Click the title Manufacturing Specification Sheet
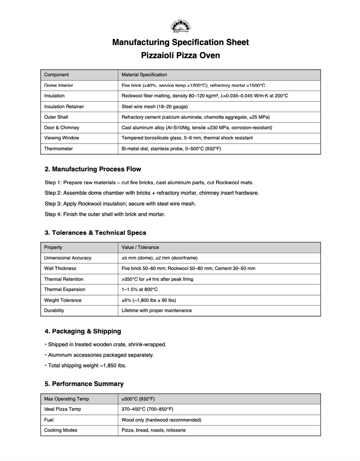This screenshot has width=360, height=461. tap(180, 43)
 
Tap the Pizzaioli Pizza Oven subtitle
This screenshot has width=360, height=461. tap(180, 56)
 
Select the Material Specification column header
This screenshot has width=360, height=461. tap(144, 75)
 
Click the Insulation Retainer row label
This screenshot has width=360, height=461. tap(64, 107)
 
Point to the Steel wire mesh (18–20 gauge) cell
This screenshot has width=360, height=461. tap(154, 107)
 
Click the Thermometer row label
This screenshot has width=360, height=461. tap(58, 148)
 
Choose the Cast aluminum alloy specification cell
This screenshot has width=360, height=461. tap(197, 128)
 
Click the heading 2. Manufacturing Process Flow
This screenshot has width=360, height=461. tap(93, 169)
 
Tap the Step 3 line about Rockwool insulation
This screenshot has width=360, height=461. tap(120, 204)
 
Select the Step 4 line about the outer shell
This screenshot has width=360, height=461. tap(105, 214)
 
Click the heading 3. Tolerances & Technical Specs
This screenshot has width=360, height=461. tap(95, 233)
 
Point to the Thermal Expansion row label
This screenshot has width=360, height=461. tap(64, 290)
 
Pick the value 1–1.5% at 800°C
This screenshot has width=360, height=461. tap(139, 290)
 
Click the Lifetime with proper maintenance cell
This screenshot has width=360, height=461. tap(157, 310)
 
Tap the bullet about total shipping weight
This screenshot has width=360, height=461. tap(85, 365)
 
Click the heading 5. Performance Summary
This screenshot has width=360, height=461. tap(84, 384)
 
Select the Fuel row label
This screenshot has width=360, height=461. tap(49, 420)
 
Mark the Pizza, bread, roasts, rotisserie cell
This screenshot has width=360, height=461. tap(153, 430)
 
